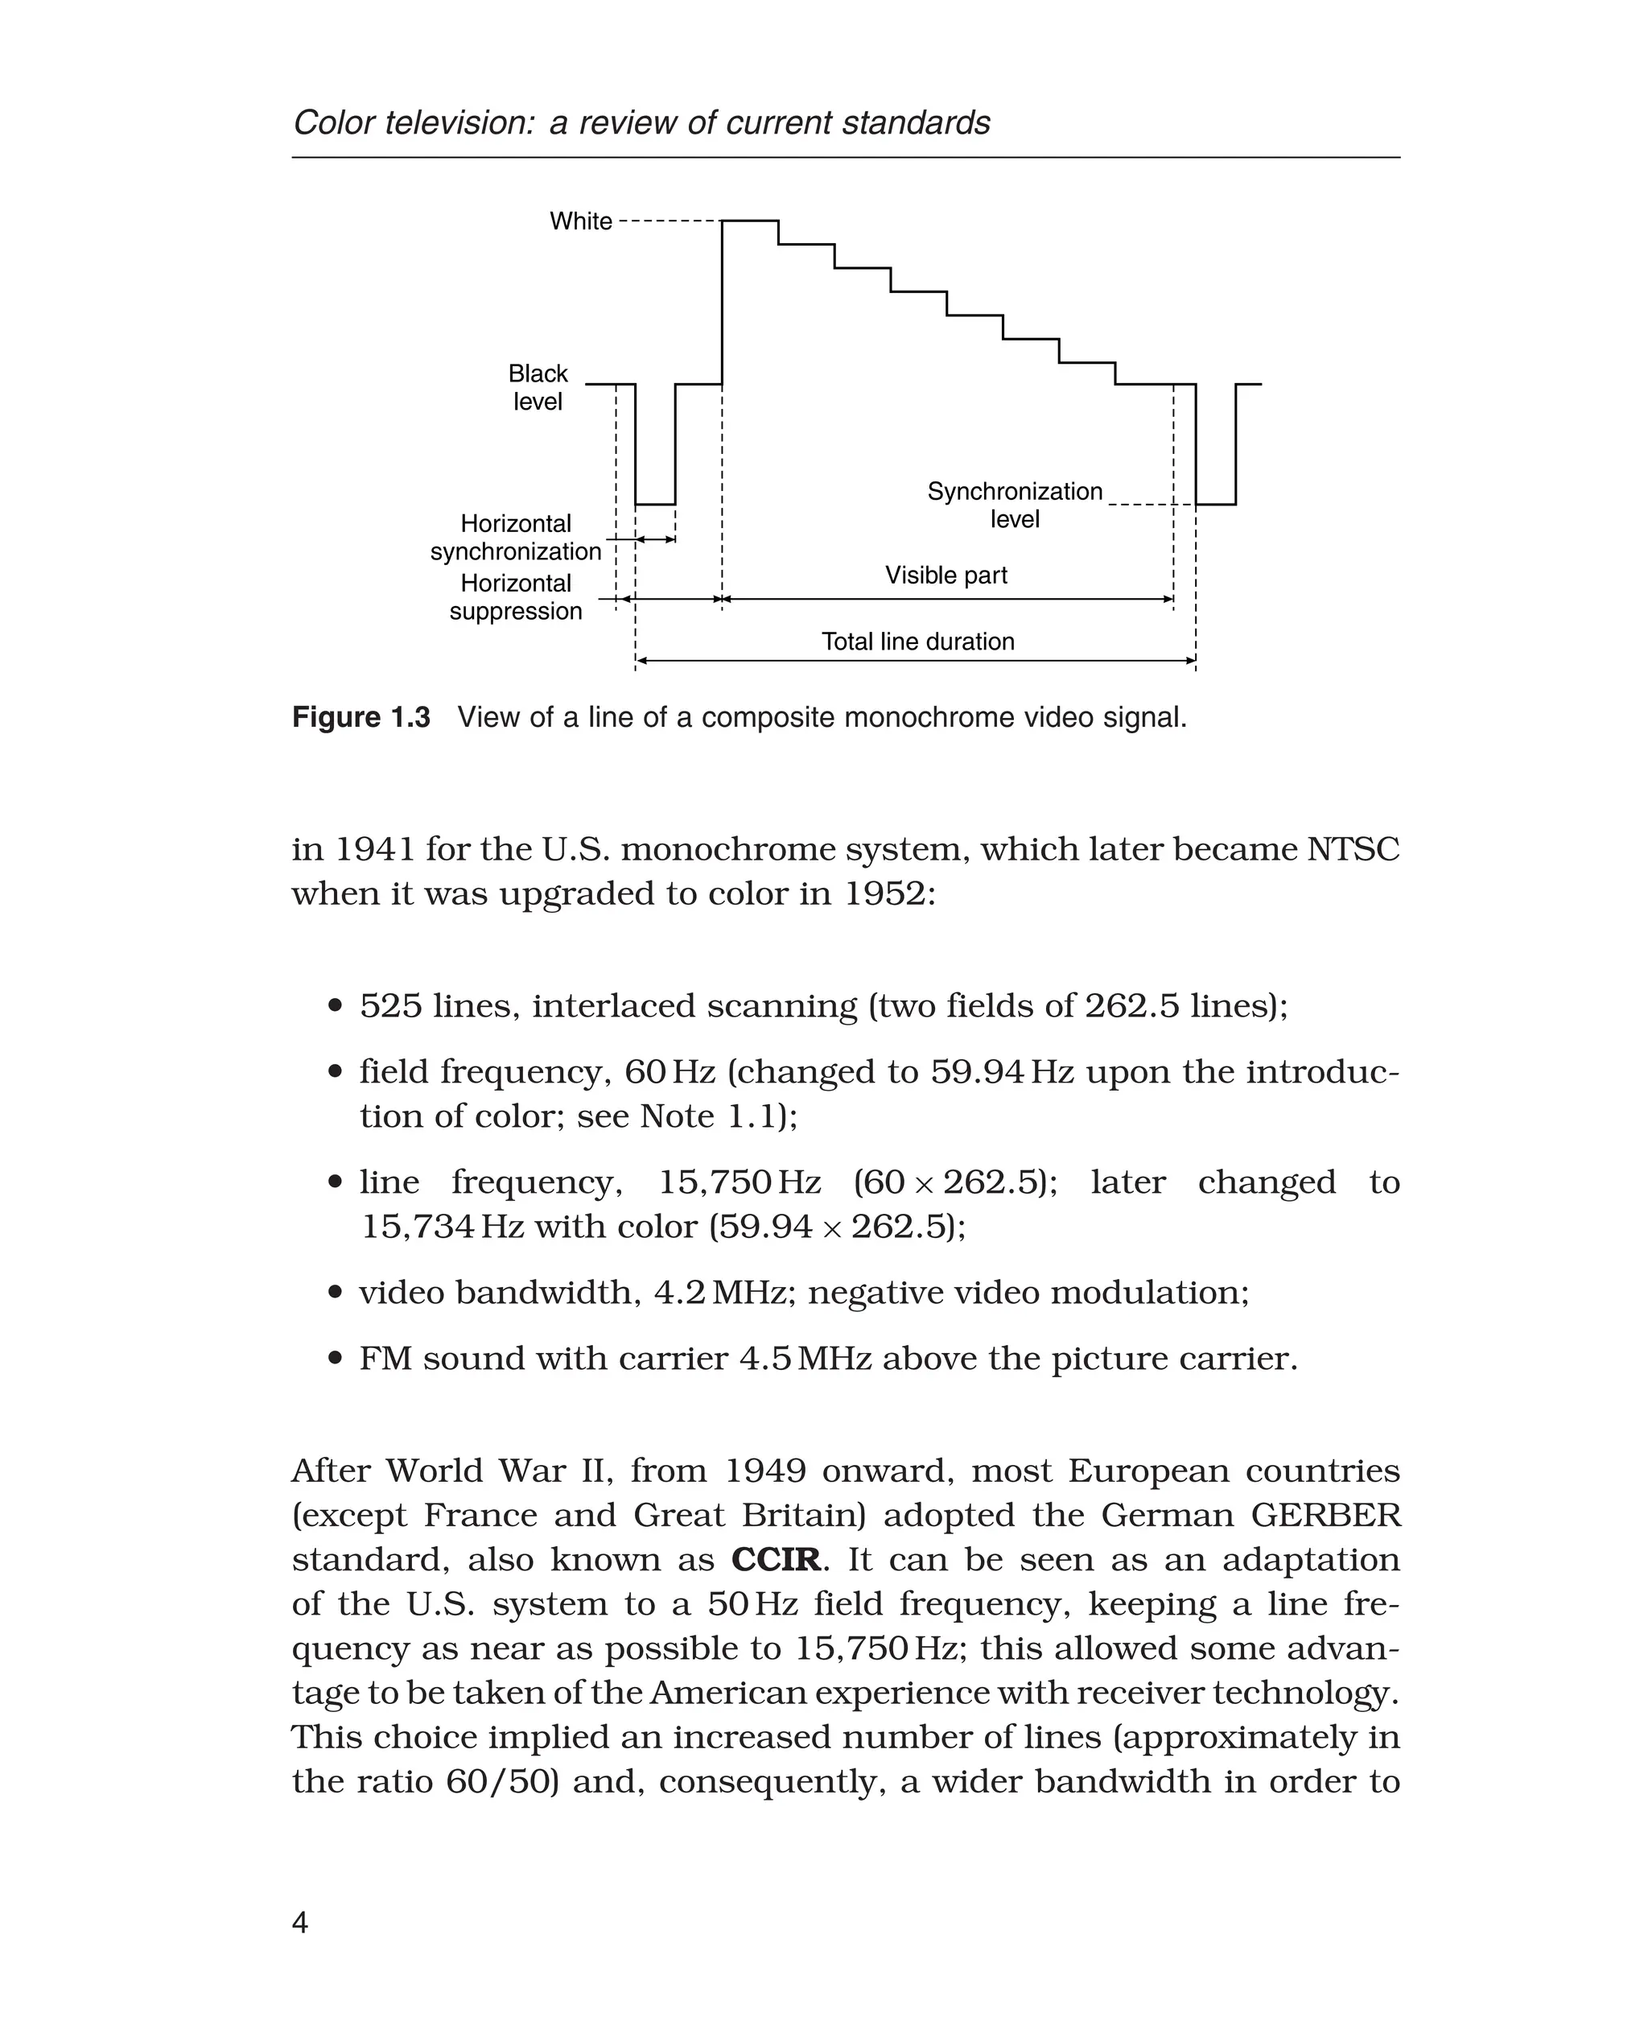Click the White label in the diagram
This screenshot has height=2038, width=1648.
[x=580, y=221]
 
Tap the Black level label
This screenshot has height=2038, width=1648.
[x=538, y=387]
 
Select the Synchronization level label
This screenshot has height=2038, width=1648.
[x=1014, y=505]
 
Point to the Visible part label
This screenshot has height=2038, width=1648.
[x=946, y=576]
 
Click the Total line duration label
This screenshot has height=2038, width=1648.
[x=917, y=642]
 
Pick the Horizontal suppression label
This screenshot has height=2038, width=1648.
[x=516, y=597]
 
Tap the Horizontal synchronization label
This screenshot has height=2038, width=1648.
[x=516, y=538]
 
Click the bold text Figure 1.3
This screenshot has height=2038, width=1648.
[x=360, y=717]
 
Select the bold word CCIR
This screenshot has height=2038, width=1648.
[x=776, y=1559]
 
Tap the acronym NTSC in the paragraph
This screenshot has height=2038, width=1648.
[x=1353, y=849]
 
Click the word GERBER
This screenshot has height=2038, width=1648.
[x=1325, y=1515]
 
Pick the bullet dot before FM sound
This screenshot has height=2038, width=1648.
[x=334, y=1359]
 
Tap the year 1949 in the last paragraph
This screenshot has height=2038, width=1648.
[x=765, y=1471]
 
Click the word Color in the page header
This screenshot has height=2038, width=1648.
[x=332, y=123]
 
